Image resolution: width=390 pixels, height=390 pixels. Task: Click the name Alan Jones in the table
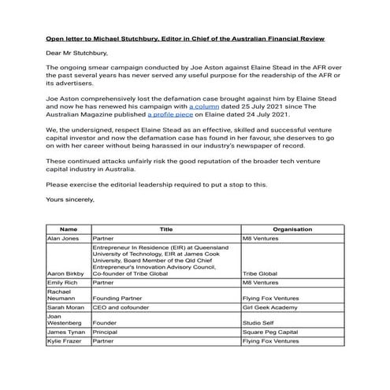coord(64,237)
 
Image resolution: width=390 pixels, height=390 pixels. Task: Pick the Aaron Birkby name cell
coord(65,274)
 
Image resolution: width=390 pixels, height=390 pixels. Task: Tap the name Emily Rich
coord(62,282)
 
